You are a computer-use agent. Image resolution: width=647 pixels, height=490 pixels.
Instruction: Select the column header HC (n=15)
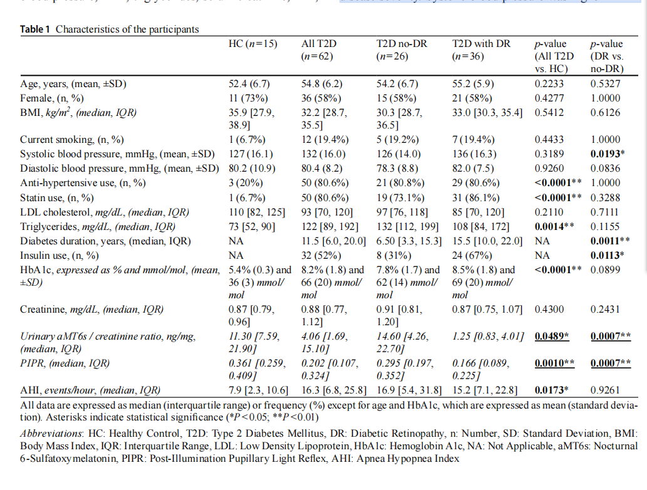tap(254, 44)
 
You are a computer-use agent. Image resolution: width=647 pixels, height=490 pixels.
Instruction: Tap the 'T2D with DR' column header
tap(481, 44)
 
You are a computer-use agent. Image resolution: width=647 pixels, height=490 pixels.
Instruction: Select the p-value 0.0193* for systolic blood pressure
tap(609, 154)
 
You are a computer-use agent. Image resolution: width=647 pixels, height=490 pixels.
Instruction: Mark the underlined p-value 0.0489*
tap(552, 337)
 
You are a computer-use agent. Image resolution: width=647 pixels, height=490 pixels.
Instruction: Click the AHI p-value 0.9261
tap(606, 390)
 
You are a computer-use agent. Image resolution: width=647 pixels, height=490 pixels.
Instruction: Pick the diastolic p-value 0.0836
tap(606, 169)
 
